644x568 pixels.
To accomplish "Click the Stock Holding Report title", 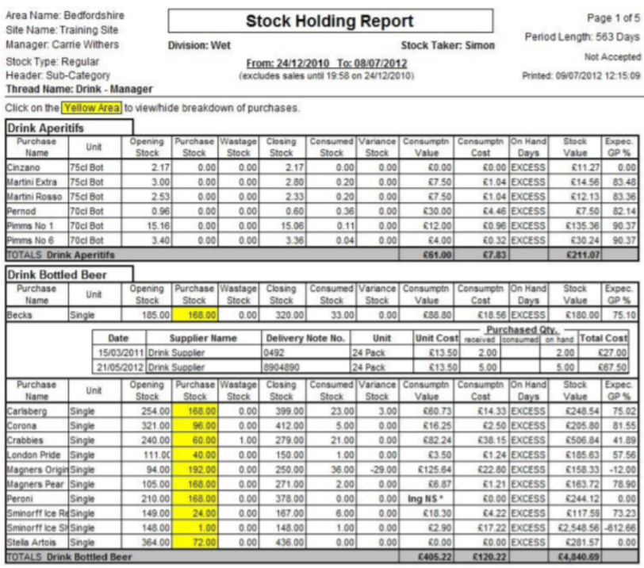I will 330,21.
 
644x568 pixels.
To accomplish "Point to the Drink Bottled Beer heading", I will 57,274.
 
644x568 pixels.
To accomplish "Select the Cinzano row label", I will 23,167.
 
